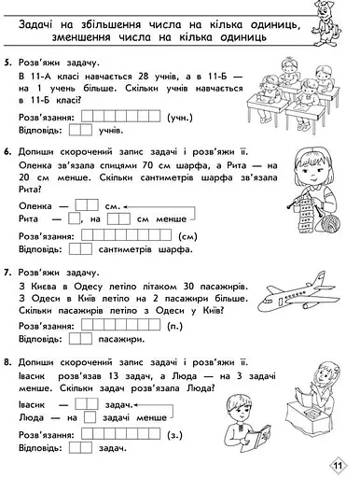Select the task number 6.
coord(8,151)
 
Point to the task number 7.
coord(8,273)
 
